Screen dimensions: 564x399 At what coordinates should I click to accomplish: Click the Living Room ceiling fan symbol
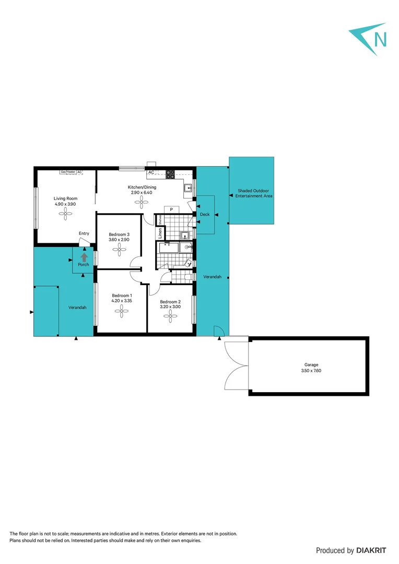[66, 213]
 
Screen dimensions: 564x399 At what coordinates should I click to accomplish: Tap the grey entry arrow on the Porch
[84, 256]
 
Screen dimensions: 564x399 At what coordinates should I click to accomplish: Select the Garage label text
[311, 365]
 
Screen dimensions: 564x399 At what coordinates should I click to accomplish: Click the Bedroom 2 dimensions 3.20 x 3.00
[170, 307]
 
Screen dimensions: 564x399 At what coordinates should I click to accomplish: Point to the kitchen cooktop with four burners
[170, 174]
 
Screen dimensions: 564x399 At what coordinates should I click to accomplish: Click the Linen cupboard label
[160, 233]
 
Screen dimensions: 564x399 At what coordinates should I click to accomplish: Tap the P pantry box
[171, 209]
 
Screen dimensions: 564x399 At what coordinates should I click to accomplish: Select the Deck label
[204, 215]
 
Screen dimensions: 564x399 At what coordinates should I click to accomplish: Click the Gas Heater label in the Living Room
[68, 172]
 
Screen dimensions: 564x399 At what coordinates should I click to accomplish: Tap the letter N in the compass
[381, 39]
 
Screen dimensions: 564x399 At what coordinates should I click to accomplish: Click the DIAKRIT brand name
[374, 550]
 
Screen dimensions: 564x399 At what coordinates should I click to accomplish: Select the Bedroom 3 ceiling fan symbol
[120, 250]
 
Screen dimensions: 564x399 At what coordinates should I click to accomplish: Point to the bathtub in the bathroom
[168, 248]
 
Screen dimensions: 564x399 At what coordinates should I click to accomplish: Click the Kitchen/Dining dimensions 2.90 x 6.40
[142, 193]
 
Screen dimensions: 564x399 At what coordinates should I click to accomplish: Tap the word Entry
[84, 233]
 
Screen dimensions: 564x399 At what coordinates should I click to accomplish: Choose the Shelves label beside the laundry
[160, 220]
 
